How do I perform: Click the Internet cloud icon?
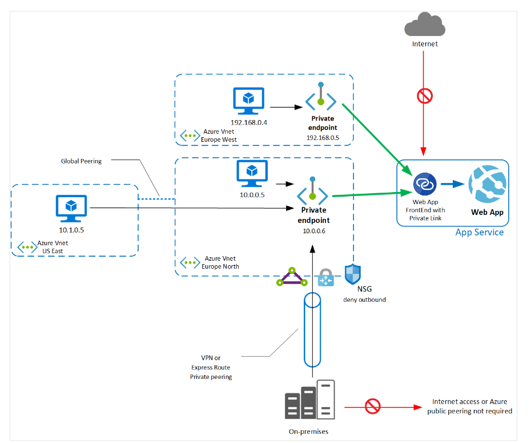424,26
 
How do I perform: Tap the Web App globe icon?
486,184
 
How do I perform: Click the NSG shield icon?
353,274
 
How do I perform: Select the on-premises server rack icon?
310,400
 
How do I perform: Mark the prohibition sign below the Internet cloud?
425,97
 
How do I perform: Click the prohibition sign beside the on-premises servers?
372,406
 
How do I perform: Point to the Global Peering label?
81,161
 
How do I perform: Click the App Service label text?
480,232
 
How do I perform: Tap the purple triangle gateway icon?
292,277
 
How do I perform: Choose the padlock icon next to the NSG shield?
325,277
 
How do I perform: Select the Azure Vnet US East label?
53,247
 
